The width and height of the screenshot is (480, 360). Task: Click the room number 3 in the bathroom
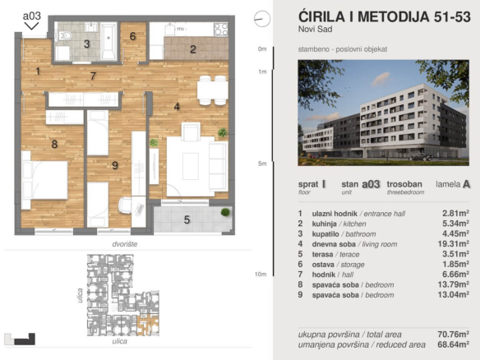point(86,44)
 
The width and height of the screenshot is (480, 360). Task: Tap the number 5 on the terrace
point(187,219)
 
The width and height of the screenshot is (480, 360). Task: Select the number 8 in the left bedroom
point(54,145)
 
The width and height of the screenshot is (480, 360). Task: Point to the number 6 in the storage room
point(132,36)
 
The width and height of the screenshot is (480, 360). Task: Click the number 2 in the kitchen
point(192,49)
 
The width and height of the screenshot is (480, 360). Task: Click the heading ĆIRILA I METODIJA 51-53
point(377,17)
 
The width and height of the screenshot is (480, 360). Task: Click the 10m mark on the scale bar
point(261,274)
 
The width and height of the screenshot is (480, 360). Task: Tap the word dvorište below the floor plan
point(124,244)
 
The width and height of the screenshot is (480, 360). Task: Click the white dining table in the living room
point(212,87)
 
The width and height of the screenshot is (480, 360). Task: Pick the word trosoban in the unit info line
point(406,185)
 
